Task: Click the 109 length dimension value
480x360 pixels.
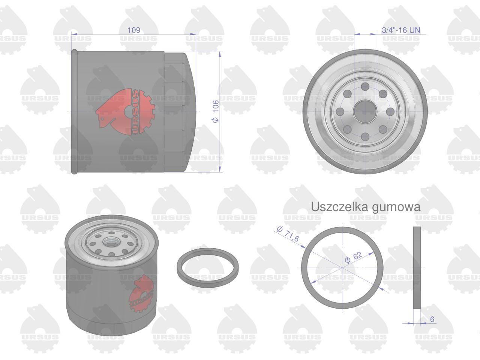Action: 133,30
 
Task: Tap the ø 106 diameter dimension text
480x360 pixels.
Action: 216,111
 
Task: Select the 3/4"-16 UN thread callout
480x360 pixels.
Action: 401,30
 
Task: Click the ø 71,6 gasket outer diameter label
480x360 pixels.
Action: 288,234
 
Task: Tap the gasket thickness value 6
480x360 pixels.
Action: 432,319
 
